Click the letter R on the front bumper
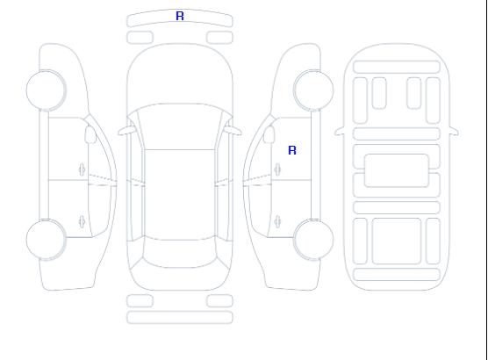(180, 16)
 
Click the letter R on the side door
(292, 150)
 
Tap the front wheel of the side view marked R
(313, 90)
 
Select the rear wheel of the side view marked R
(313, 240)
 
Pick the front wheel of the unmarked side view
(46, 90)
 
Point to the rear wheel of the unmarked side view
(46, 240)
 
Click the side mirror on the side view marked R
(269, 134)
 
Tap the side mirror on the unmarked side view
(90, 134)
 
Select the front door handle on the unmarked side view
(82, 169)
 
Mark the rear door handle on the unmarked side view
(82, 221)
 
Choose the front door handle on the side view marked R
(277, 169)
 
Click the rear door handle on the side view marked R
(277, 221)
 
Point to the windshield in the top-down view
(180, 126)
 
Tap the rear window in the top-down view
(180, 254)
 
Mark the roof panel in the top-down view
(180, 195)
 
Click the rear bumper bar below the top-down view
(180, 317)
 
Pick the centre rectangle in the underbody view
(397, 170)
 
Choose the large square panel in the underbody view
(397, 241)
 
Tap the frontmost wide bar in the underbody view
(397, 67)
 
